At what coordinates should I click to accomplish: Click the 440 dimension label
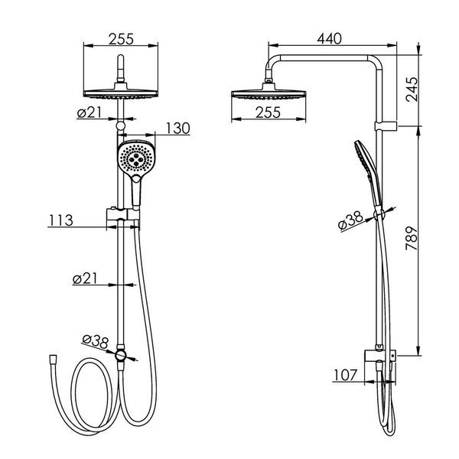(329, 39)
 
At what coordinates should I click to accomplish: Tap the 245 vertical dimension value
(412, 90)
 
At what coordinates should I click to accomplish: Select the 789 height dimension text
(412, 238)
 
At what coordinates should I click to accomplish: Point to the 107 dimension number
(346, 375)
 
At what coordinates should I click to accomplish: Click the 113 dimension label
(60, 220)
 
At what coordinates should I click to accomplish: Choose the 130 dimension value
(178, 129)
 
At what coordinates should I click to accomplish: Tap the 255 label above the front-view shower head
(121, 39)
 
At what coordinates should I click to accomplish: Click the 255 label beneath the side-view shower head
(269, 112)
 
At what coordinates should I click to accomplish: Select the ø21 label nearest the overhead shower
(90, 112)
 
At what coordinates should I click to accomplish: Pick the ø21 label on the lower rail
(85, 278)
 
